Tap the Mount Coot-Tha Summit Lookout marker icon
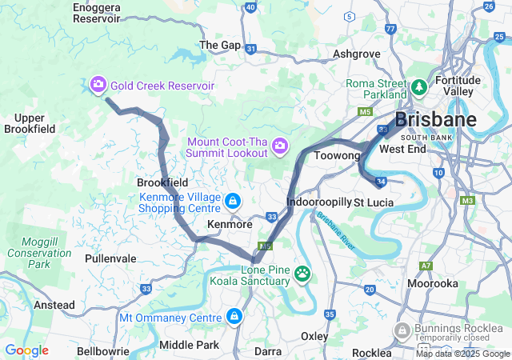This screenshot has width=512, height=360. click(280, 146)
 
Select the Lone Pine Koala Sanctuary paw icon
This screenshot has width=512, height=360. click(302, 274)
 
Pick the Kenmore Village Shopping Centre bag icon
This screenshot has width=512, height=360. click(232, 200)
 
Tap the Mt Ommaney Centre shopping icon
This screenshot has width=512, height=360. click(234, 317)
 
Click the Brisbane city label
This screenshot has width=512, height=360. click(436, 120)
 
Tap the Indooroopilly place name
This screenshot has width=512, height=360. click(318, 202)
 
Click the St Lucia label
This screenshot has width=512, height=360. click(374, 202)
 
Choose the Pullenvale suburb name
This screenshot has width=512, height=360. click(110, 258)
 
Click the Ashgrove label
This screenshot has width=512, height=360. click(356, 54)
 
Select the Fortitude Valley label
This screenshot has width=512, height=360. click(458, 86)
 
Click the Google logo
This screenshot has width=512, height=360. click(26, 350)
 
